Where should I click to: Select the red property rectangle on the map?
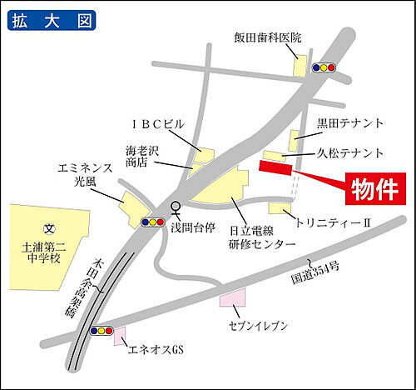point(276,168)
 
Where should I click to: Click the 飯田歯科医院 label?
point(267,37)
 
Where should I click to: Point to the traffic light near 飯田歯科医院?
point(323,67)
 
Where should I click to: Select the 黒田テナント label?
point(350,123)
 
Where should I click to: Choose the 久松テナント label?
point(350,153)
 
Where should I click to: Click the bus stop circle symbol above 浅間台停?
point(175,207)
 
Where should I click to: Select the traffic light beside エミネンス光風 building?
point(153,222)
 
